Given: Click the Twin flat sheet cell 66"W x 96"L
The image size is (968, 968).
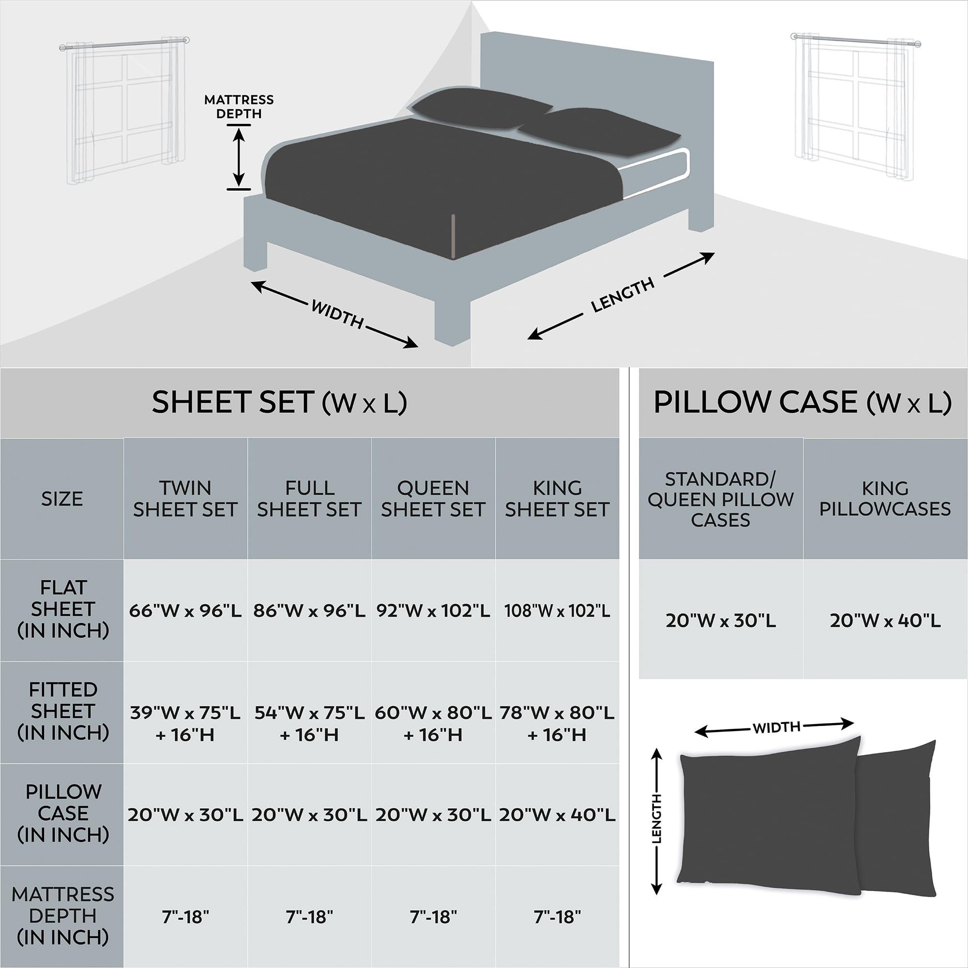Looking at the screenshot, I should (x=185, y=610).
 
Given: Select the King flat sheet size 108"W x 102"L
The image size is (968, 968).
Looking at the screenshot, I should (x=557, y=610).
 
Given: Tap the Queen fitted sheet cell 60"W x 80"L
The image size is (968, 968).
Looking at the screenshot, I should (x=433, y=723).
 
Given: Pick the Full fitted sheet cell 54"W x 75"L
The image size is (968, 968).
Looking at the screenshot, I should (x=309, y=723).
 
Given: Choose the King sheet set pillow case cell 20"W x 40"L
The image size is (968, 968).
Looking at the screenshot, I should (x=557, y=815).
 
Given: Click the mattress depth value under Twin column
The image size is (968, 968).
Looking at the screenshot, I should (x=185, y=917).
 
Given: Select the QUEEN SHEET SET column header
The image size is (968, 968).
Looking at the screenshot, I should (x=433, y=499).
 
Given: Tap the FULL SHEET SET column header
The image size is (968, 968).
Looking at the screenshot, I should (x=309, y=499).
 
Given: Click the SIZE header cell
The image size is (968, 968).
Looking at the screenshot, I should (x=61, y=499).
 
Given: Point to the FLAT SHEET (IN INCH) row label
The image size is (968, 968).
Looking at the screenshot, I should (x=62, y=609).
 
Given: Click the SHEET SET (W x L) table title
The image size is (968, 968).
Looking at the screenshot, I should (x=279, y=402).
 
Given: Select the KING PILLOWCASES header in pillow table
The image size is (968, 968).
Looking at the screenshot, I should (x=885, y=499).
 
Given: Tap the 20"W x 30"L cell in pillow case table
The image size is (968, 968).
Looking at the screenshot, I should (x=721, y=620).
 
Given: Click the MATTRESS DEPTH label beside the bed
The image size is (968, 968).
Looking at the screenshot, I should (x=239, y=106).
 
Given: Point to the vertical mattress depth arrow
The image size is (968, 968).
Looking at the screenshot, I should (x=239, y=156).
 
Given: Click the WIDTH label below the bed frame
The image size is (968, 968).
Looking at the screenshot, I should (x=337, y=314).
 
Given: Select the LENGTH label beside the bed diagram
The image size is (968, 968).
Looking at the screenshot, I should (x=622, y=295).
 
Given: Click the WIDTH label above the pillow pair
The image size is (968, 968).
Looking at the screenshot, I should (x=776, y=727).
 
